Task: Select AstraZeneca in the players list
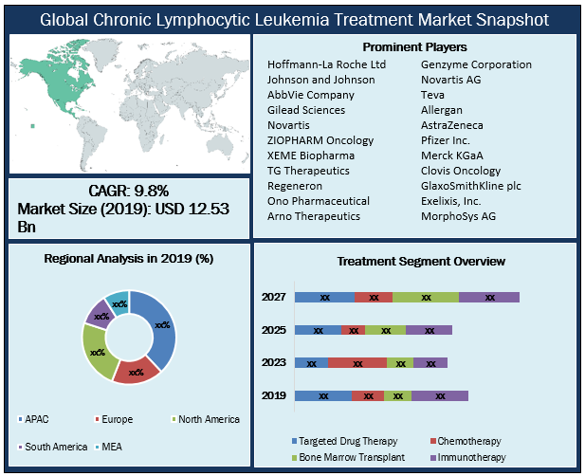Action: click(x=452, y=125)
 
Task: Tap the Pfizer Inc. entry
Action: click(x=445, y=140)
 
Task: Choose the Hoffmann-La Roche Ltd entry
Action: click(x=326, y=64)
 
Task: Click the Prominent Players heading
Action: click(x=414, y=47)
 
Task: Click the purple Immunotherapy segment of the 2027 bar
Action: click(x=489, y=297)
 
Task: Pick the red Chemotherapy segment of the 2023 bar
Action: click(x=357, y=362)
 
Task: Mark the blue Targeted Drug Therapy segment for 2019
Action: click(x=323, y=395)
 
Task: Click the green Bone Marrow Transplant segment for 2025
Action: click(x=385, y=330)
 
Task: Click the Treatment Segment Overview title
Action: click(x=421, y=261)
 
